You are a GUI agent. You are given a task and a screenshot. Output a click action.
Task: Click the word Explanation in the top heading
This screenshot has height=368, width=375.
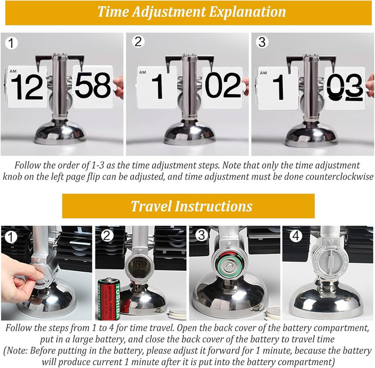point(247,12)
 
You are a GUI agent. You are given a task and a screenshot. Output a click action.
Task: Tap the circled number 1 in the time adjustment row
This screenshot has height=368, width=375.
point(11,43)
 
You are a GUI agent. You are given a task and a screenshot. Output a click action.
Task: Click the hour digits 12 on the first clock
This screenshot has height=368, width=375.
point(27,87)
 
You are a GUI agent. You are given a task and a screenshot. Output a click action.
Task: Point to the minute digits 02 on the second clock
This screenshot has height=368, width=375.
point(223,85)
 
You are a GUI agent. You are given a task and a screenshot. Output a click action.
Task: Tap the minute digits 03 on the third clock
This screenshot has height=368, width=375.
point(345,87)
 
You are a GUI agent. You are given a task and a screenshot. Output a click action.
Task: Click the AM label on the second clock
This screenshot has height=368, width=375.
point(143,72)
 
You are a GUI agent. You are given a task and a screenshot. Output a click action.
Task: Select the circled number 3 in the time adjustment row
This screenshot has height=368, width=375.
point(262,42)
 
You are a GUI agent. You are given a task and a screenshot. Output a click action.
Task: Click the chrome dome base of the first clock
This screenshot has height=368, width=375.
point(60,133)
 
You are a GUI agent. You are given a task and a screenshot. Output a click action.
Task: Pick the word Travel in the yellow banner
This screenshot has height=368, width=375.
point(151,206)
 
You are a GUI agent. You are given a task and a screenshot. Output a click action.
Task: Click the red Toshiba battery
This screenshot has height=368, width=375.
point(109,299)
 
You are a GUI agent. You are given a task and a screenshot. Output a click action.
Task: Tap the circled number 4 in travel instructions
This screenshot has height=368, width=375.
point(296,236)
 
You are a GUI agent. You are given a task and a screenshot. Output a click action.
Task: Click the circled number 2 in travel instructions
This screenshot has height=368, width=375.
point(107,236)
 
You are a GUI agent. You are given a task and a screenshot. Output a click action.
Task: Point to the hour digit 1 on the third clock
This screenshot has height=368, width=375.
point(278,87)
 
